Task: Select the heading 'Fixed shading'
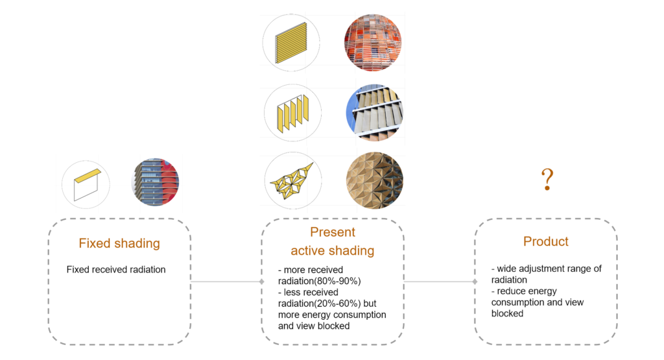coord(119,244)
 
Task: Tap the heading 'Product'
coord(546,241)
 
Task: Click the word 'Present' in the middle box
coord(333,232)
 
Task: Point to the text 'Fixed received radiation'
coord(116,269)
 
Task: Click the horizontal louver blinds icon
coord(290,42)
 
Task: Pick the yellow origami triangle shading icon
coord(291,180)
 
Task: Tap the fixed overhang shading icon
coord(86,184)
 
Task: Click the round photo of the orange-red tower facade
coord(373,42)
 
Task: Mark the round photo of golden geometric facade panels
coord(374,180)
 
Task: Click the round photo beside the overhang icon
coord(154,182)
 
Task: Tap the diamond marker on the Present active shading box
coord(262,282)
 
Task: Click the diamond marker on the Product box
coord(475,282)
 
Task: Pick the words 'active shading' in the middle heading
coord(333,251)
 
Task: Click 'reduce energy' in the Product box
coord(527,291)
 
